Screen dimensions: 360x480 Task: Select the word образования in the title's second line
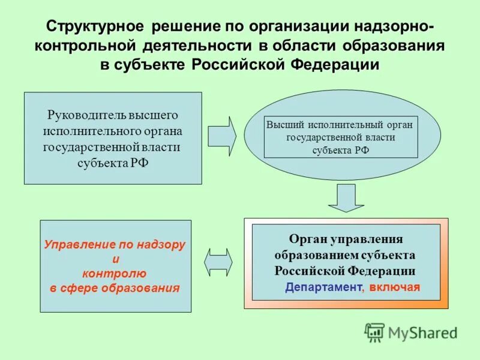pyautogui.click(x=394, y=46)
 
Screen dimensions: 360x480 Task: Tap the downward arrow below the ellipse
pyautogui.click(x=346, y=198)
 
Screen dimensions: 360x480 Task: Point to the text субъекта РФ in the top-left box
pyautogui.click(x=112, y=163)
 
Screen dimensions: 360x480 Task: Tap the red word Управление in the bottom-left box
pyautogui.click(x=75, y=245)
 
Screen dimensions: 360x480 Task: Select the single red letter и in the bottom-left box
pyautogui.click(x=116, y=259)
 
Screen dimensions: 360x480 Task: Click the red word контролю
pyautogui.click(x=115, y=274)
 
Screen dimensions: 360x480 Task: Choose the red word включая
pyautogui.click(x=394, y=287)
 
